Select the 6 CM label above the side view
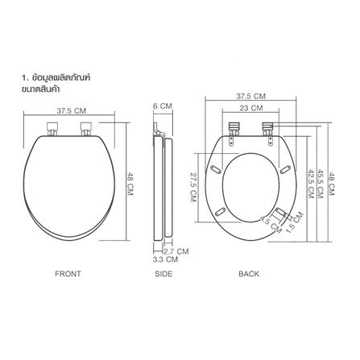click(162, 106)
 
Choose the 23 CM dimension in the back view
click(250, 107)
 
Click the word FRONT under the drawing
click(68, 274)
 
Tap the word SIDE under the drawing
click(163, 274)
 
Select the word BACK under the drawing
click(249, 274)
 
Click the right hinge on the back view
click(269, 128)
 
